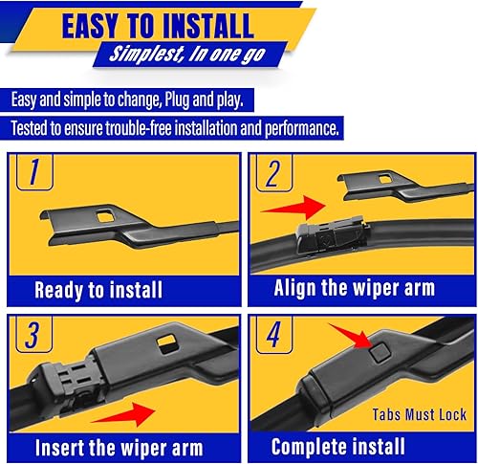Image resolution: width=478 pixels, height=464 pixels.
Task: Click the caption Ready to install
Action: pos(98,289)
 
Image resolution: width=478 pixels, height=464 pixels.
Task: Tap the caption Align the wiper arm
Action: pos(354,288)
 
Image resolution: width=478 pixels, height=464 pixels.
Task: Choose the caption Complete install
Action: pos(338,447)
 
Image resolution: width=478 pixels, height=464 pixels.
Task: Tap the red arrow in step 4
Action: pos(352,338)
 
